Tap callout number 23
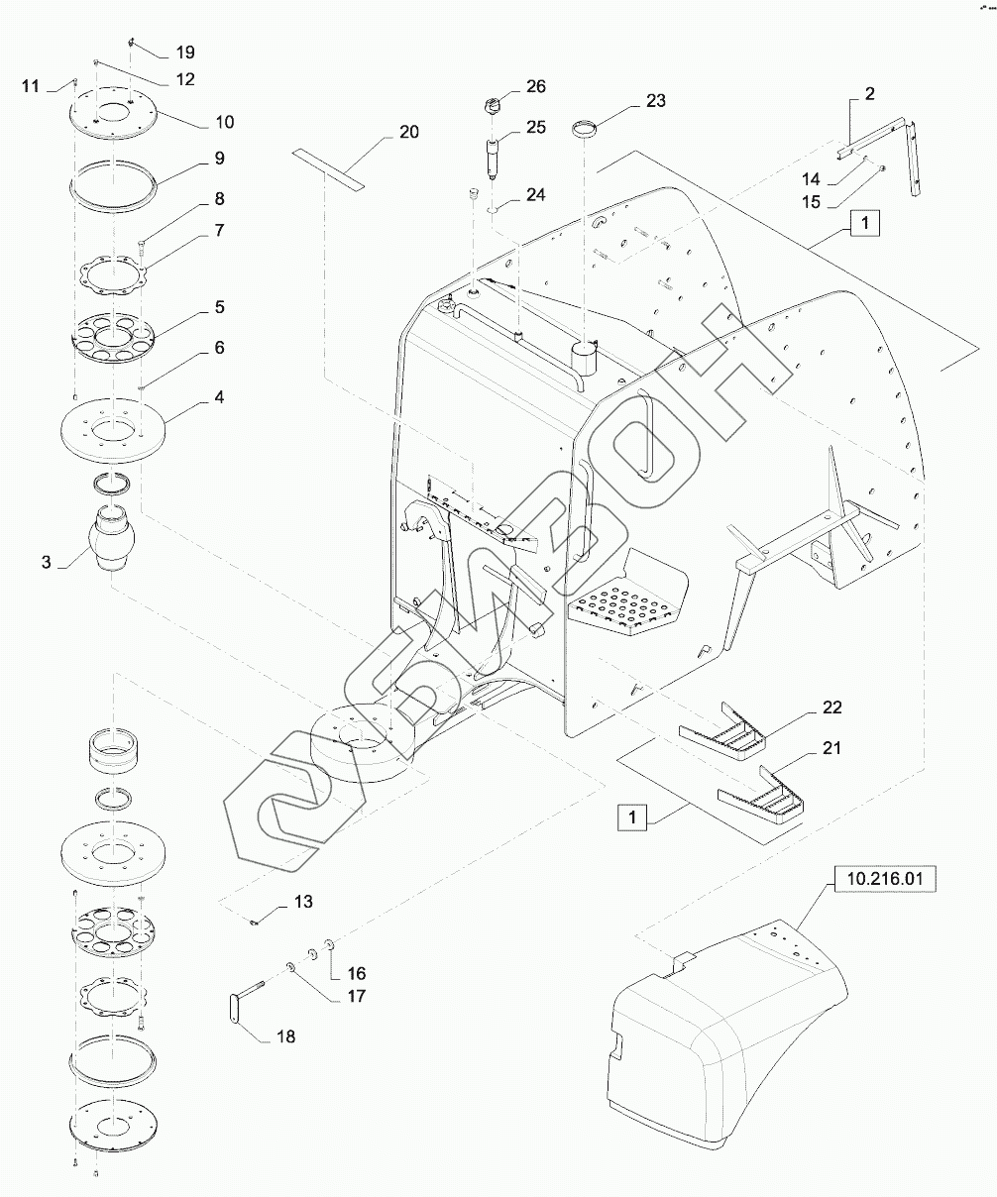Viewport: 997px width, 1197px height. click(x=656, y=101)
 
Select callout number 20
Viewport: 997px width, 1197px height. click(x=408, y=132)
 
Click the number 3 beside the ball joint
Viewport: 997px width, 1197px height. click(x=46, y=563)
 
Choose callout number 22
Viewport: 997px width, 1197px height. click(x=831, y=707)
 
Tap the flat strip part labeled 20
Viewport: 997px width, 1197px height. click(x=328, y=169)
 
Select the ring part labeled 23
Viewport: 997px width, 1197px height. click(x=584, y=127)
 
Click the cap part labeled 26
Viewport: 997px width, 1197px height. click(x=493, y=107)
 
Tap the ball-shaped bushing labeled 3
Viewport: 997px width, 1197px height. click(x=112, y=537)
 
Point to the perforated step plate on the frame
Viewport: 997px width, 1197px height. click(x=627, y=607)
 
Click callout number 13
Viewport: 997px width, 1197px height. click(x=303, y=902)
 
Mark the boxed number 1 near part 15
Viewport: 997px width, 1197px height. click(x=865, y=223)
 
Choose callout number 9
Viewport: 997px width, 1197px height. click(x=220, y=159)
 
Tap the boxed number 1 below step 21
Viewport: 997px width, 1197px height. click(x=631, y=816)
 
